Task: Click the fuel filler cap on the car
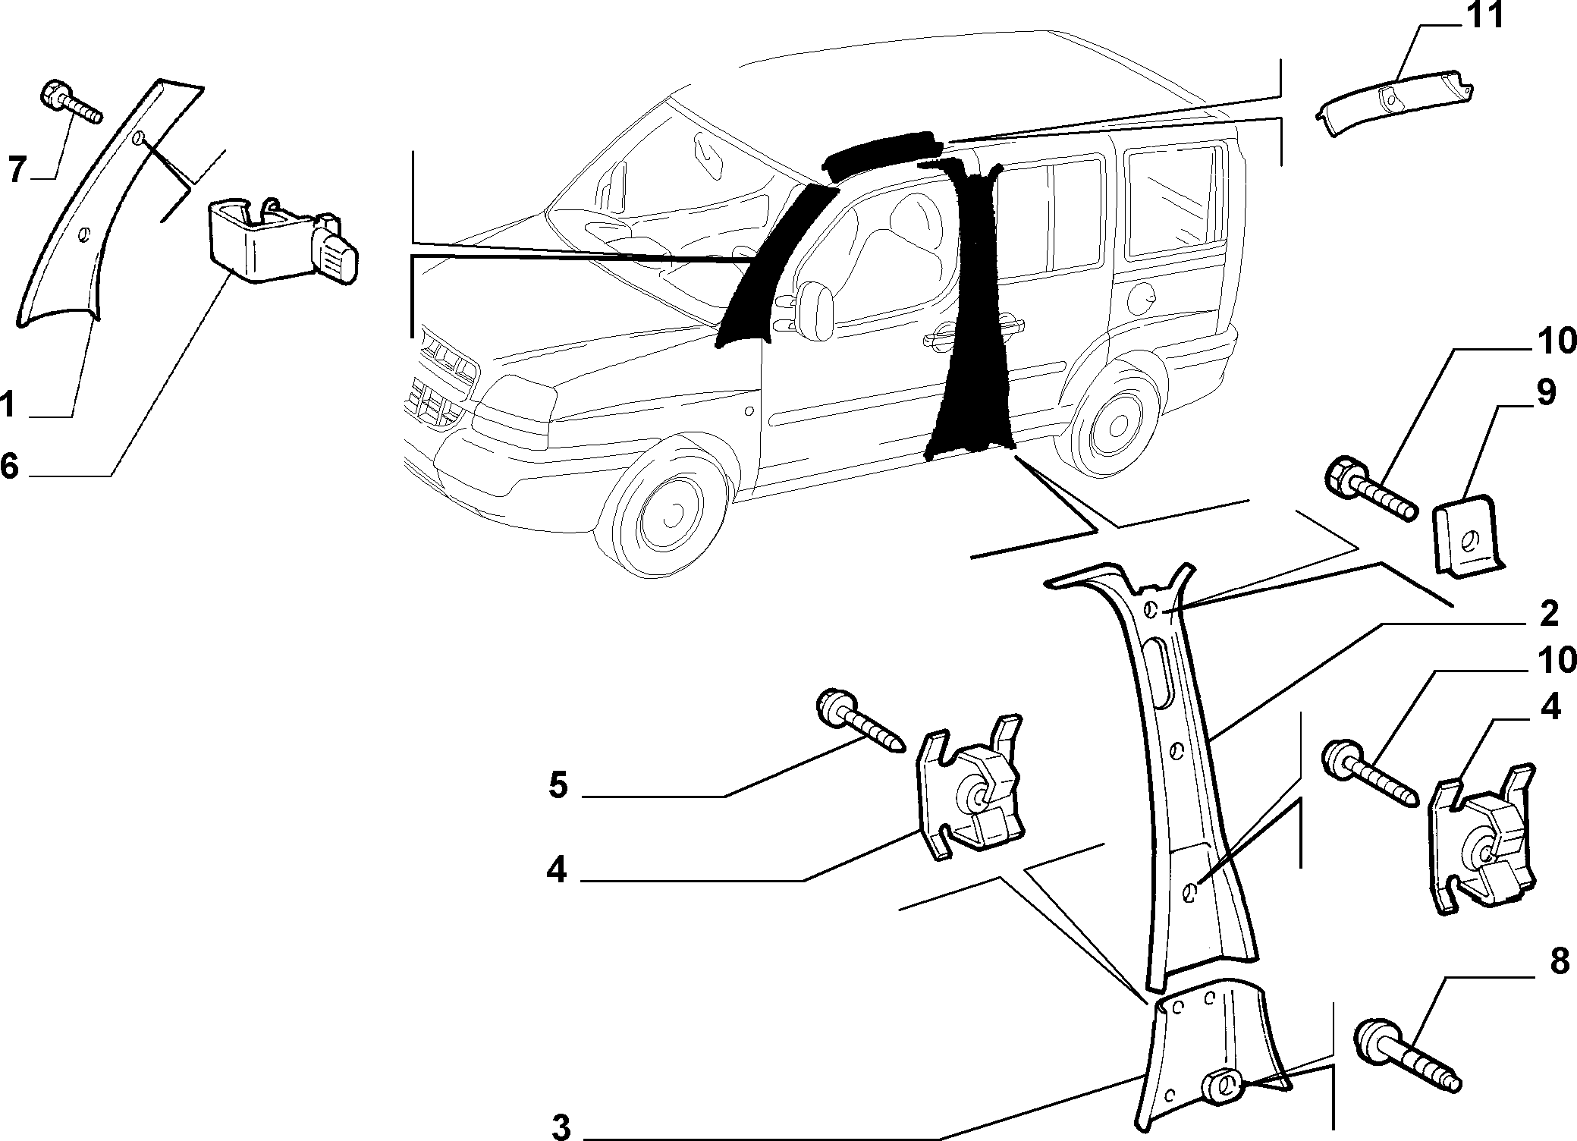1141,298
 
